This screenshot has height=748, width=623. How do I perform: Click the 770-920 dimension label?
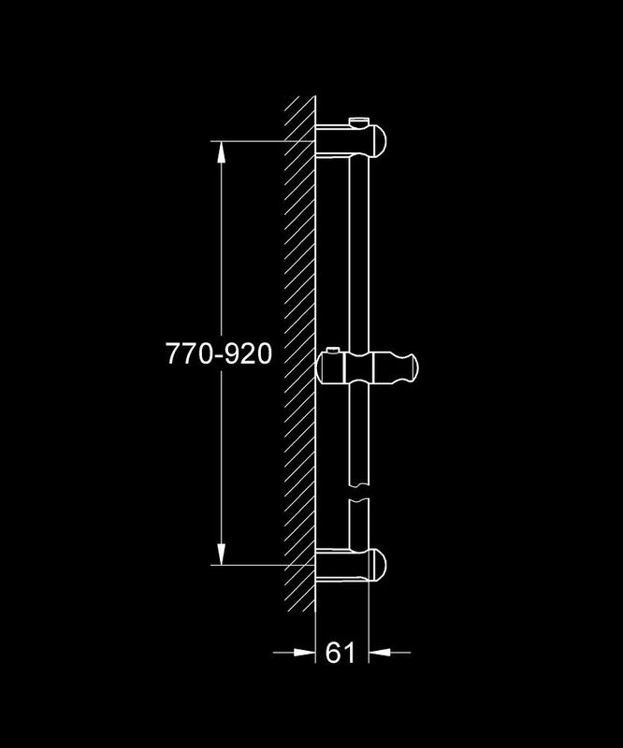[219, 354]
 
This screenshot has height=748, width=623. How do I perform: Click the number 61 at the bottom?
[340, 652]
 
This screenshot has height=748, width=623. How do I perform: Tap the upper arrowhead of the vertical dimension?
[221, 152]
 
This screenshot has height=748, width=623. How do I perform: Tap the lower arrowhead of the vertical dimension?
[221, 554]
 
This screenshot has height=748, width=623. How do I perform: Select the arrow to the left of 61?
[294, 652]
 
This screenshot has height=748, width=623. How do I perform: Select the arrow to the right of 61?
[389, 652]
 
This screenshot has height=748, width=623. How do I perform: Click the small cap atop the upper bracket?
[359, 122]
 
